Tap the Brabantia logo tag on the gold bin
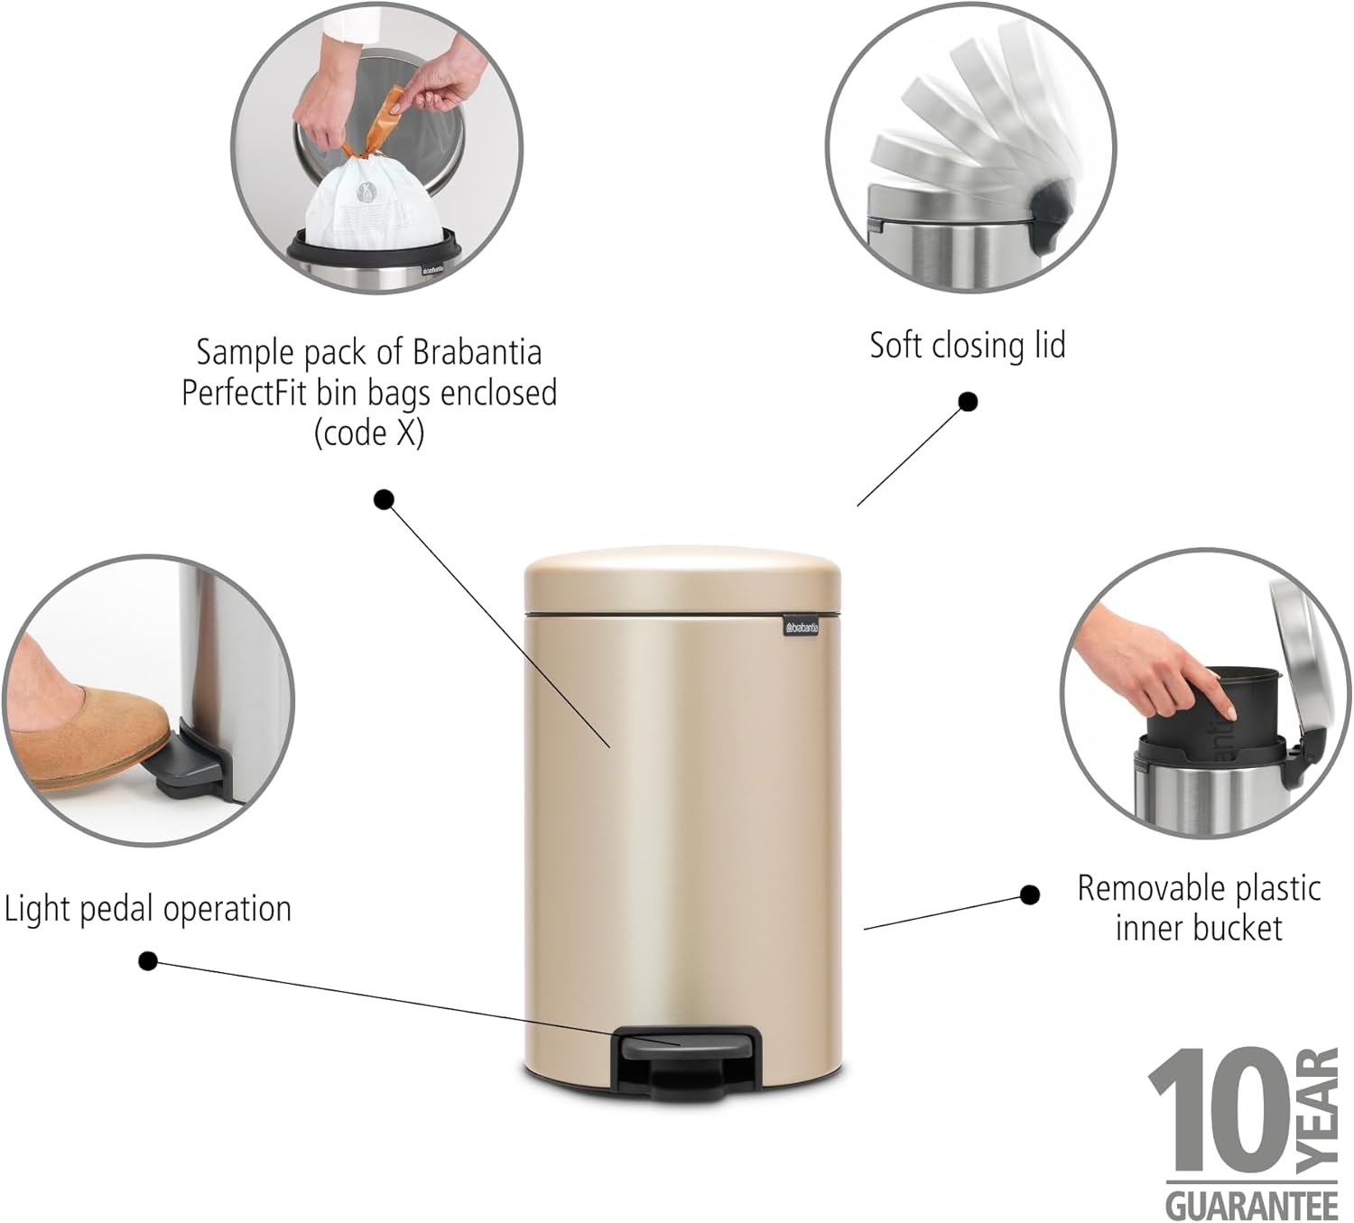[x=802, y=627]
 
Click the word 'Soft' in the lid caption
[x=891, y=345]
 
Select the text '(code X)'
[x=369, y=434]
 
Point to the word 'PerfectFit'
[x=244, y=393]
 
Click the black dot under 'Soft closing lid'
[x=968, y=403]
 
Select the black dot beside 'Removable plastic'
[x=1029, y=895]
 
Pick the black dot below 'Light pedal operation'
[x=148, y=960]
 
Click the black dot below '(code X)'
[x=384, y=500]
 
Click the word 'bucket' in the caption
[x=1239, y=927]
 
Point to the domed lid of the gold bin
[x=682, y=580]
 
